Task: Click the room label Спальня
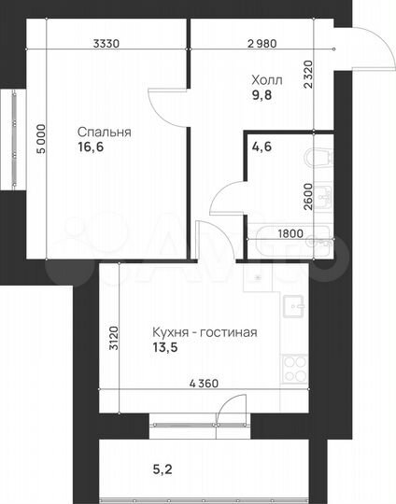click(x=105, y=133)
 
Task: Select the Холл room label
click(x=266, y=79)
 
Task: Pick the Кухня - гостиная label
click(x=204, y=332)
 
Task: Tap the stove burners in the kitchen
click(x=295, y=367)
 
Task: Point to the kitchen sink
click(x=295, y=308)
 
